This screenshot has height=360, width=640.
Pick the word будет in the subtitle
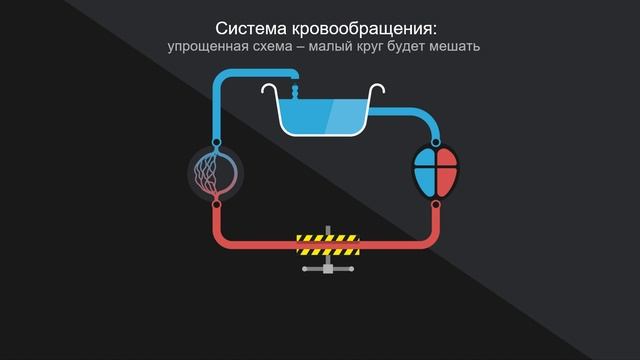click(x=431, y=47)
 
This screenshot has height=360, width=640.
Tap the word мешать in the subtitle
click(x=483, y=47)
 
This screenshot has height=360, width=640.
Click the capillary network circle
click(x=216, y=172)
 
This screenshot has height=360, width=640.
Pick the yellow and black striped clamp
click(x=327, y=241)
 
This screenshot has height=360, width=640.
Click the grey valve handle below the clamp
click(x=327, y=267)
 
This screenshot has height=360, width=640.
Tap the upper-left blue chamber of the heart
click(x=425, y=161)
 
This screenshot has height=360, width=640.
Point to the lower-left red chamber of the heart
click(x=425, y=183)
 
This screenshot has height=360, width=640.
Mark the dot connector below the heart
click(x=436, y=204)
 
